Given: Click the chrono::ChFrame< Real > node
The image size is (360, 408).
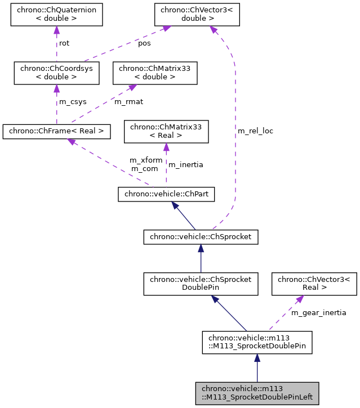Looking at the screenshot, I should (56, 132).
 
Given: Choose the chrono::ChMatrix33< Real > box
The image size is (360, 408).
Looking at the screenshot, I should (166, 132).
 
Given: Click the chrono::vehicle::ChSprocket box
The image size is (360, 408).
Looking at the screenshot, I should (201, 237).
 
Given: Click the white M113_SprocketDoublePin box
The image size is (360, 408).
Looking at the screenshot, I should (257, 342).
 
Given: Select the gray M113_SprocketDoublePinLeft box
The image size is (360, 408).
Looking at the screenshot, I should (257, 393).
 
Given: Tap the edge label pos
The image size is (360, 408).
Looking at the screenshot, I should (144, 43).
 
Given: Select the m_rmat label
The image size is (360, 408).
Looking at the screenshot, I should (129, 102).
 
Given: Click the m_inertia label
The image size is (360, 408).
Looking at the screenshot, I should (186, 165).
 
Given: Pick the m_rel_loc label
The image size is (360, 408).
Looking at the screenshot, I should (255, 131).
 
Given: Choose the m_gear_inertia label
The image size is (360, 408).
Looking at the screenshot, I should (318, 312).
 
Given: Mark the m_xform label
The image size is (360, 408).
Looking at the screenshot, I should (145, 160).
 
